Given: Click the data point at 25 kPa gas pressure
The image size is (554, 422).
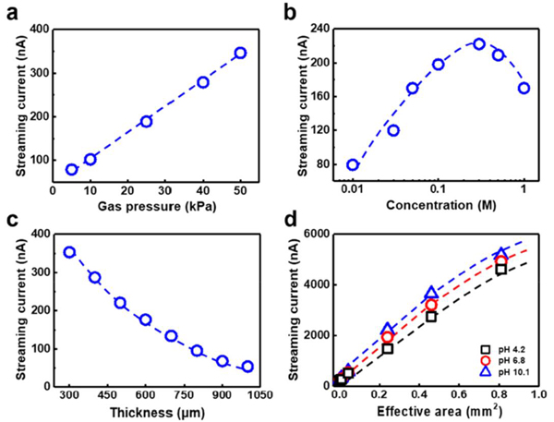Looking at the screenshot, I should [146, 121].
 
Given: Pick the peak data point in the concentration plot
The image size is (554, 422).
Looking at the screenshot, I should [479, 43].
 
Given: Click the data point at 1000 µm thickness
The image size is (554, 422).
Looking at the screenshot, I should [247, 367].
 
